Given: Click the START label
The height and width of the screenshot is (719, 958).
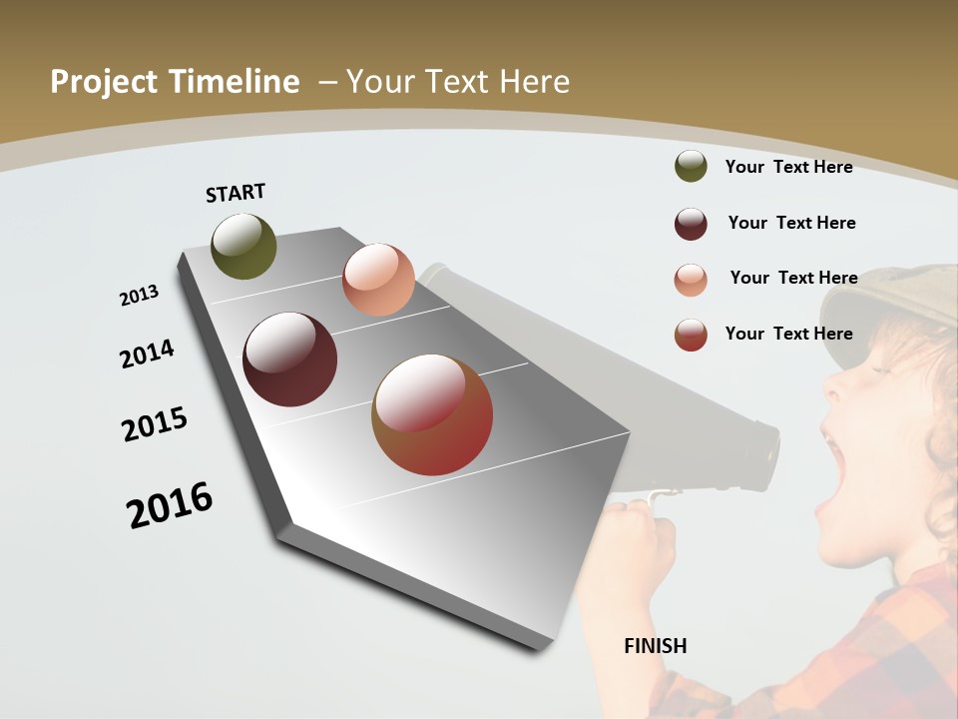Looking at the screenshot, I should click(236, 193).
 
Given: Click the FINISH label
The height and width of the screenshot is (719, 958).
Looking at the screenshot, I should click(655, 646).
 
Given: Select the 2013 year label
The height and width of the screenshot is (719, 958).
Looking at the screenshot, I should click(139, 295).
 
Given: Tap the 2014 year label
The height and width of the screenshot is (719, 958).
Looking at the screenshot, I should click(147, 354).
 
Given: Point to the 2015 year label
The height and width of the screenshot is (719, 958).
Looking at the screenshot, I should click(155, 424).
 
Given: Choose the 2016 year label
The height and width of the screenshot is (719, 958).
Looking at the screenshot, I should click(170, 505).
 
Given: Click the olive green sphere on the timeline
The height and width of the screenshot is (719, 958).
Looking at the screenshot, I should click(243, 246).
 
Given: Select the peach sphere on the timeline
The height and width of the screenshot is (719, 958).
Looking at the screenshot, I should click(378, 280).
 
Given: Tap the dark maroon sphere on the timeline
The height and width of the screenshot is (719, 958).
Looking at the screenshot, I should click(289, 359).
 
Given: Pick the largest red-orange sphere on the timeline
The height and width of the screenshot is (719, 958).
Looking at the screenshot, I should click(432, 414).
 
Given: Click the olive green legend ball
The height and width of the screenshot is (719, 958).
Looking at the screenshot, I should click(691, 166).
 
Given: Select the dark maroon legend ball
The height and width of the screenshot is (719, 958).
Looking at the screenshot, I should click(691, 224).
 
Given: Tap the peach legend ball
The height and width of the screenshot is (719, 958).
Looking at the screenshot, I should click(691, 280).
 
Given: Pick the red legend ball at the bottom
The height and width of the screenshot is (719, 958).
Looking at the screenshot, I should click(691, 335).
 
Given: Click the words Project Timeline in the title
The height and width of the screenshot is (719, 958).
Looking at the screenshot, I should click(175, 82).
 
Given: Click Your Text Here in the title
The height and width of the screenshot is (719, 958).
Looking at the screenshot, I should click(458, 82).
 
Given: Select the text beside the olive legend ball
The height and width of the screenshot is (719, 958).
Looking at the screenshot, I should click(788, 167).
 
